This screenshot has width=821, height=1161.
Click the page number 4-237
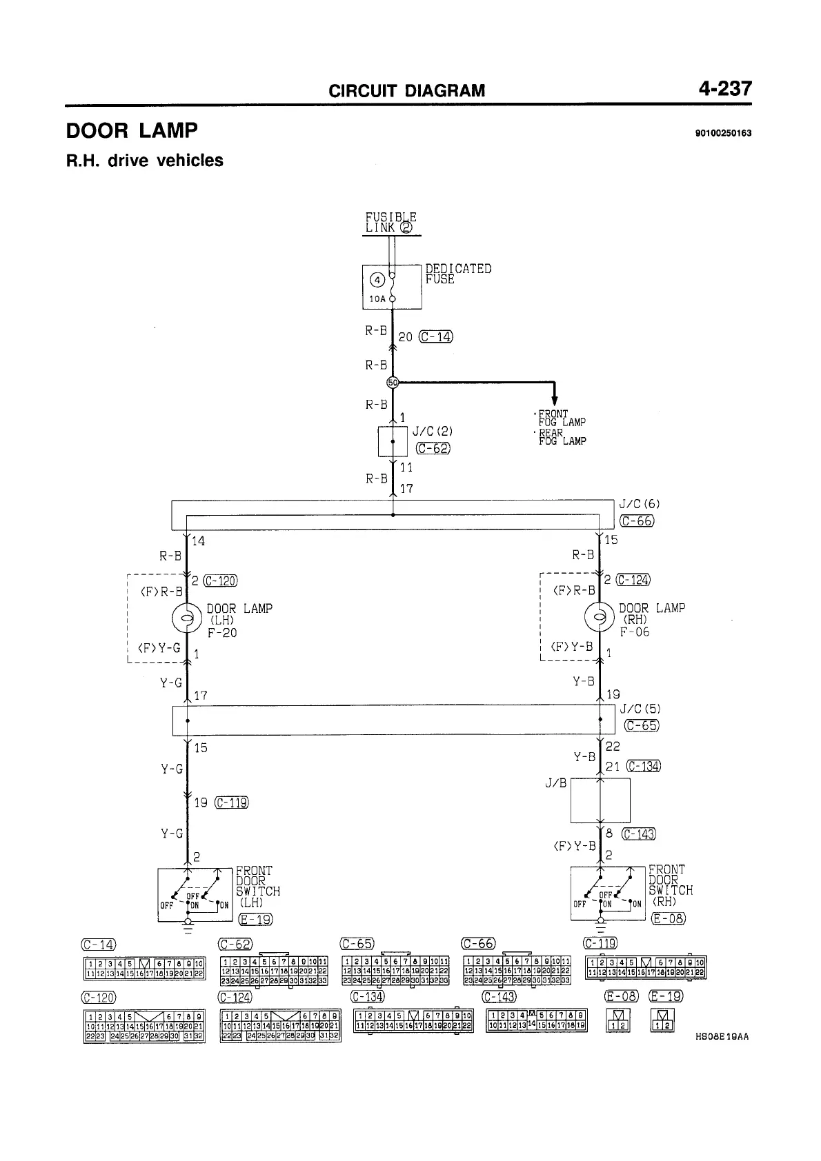tap(724, 89)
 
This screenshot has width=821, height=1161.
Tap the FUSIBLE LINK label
tap(390, 222)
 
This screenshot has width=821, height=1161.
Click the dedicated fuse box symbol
tap(392, 287)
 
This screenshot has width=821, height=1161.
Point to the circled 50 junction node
tap(393, 382)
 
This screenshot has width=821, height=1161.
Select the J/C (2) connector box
tap(393, 442)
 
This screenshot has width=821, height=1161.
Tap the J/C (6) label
tap(640, 505)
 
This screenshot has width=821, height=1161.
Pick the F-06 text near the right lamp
tap(634, 632)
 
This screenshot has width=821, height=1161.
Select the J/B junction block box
tap(600, 800)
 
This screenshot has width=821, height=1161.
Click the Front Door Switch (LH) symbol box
tap(195, 894)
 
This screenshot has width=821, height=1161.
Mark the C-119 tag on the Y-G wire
tap(231, 802)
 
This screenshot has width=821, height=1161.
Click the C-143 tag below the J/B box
tap(638, 834)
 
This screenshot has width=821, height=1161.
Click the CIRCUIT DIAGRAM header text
tap(406, 90)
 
